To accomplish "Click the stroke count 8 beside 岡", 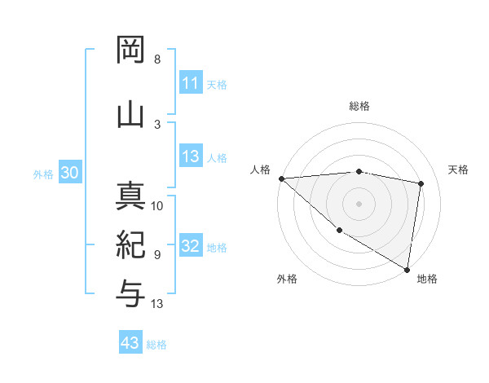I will [157, 59].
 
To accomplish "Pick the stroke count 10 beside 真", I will [157, 206].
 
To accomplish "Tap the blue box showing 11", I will [190, 83].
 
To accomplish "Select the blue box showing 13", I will [190, 157].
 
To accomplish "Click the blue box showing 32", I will [190, 247].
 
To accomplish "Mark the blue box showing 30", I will [69, 174].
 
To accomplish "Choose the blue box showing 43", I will [130, 344].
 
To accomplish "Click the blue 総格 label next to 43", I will [156, 345].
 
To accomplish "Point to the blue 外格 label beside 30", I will [43, 174].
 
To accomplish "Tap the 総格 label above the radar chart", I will [359, 106].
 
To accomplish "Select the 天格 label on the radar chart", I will [459, 169].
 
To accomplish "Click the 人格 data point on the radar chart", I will [281, 178].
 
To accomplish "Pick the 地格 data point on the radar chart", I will [407, 269].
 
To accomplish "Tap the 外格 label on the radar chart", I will [287, 279].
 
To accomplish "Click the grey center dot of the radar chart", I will [359, 203].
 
